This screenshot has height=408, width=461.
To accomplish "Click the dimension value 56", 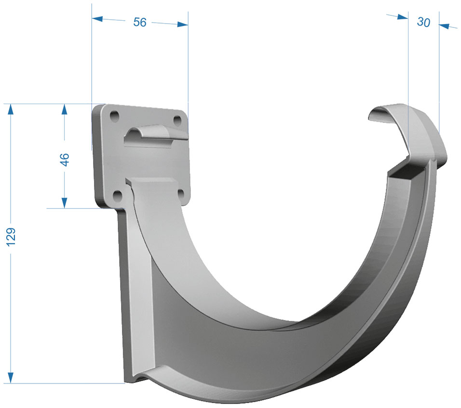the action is [x=140, y=22].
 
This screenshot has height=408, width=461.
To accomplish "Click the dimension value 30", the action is [x=423, y=22].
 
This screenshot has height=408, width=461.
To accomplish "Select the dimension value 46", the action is [x=65, y=159].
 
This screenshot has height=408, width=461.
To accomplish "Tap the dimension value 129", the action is [x=11, y=237].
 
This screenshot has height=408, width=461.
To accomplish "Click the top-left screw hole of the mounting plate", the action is [x=114, y=116].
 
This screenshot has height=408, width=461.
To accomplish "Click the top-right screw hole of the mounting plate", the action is [x=177, y=120].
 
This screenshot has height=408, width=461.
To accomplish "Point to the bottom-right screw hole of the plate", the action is [x=181, y=194].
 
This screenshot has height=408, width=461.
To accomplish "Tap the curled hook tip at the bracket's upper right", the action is [x=382, y=113].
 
